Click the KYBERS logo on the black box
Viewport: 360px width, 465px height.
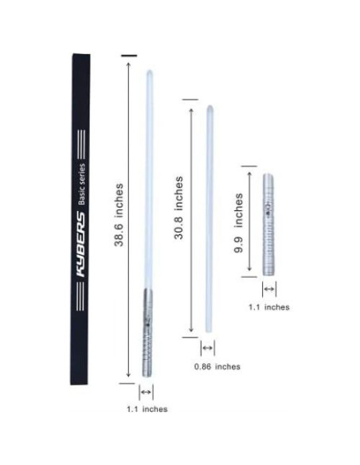point(81,244)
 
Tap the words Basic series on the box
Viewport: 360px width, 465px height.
point(81,184)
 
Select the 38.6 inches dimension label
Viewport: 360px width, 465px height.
point(119,215)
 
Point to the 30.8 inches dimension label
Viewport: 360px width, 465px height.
point(178,208)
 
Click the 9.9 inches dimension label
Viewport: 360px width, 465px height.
point(238,223)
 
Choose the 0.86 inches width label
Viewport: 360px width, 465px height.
point(217,366)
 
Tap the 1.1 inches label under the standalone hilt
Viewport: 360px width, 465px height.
point(269,307)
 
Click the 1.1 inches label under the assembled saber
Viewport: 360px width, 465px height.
point(147,409)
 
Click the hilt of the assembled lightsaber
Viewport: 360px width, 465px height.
point(147,333)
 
